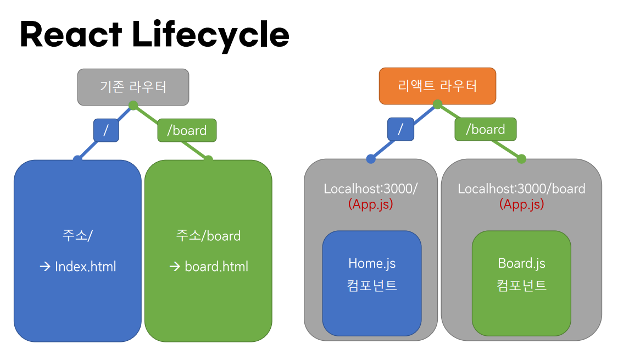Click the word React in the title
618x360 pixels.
(71, 35)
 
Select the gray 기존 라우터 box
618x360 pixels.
(133, 87)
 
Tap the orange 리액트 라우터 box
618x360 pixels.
(437, 86)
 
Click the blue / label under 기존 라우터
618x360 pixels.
(106, 130)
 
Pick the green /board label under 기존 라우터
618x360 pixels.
(187, 130)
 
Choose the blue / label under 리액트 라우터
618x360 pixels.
(400, 129)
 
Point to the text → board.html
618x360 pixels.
(208, 267)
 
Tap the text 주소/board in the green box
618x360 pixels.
(208, 236)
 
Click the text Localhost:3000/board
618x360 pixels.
(521, 189)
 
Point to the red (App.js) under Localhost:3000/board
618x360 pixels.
(521, 204)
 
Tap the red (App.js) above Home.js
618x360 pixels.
(371, 204)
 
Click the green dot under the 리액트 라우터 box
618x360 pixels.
(437, 104)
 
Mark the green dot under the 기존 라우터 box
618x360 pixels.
(133, 105)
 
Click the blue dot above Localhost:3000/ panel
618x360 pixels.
(371, 159)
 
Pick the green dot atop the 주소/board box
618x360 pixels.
(208, 159)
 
